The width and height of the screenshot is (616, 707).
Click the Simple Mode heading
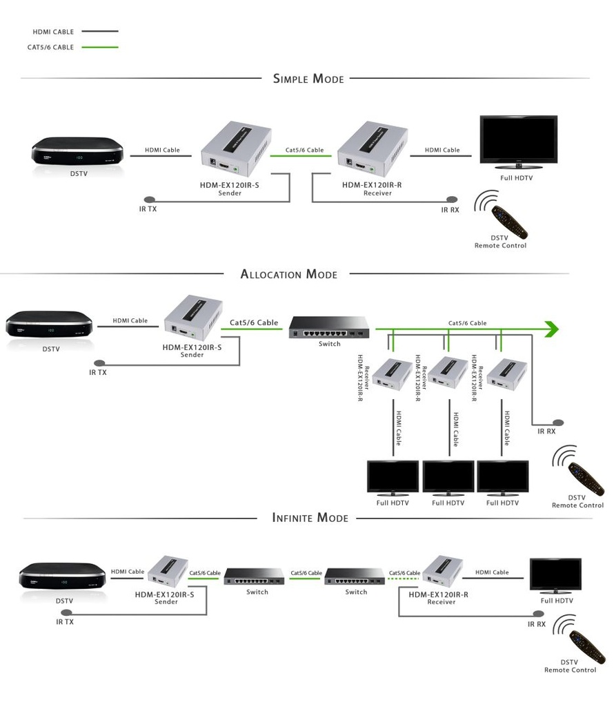tap(308, 79)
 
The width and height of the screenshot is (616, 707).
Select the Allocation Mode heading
tap(289, 274)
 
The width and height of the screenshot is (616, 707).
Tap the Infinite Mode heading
tap(310, 517)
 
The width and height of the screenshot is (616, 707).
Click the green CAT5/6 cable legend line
tap(100, 47)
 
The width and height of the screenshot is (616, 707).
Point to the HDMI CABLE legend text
tap(53, 32)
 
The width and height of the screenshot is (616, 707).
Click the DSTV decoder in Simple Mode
tap(78, 151)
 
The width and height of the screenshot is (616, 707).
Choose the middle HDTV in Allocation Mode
tap(448, 477)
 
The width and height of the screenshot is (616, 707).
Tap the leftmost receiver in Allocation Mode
tap(392, 374)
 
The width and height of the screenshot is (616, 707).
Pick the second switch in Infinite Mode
tap(355, 574)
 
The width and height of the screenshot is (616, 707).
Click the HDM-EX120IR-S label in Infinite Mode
tap(164, 594)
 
